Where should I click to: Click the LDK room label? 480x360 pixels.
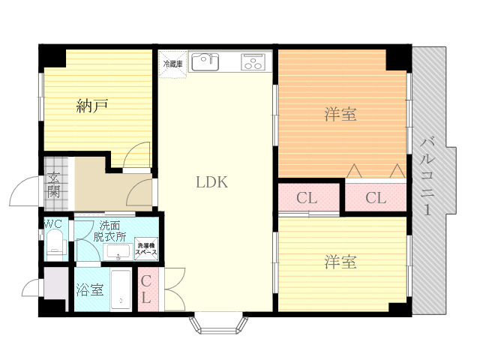pos(211,181)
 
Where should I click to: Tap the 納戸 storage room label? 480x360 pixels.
pos(92,106)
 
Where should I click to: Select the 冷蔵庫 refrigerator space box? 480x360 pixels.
pos(172,64)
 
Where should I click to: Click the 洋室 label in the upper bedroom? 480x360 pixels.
pos(340,115)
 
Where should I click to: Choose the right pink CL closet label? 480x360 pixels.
pos(376,199)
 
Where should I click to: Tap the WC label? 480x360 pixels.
pos(52,224)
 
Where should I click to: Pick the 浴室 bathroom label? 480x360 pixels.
pos(90,289)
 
